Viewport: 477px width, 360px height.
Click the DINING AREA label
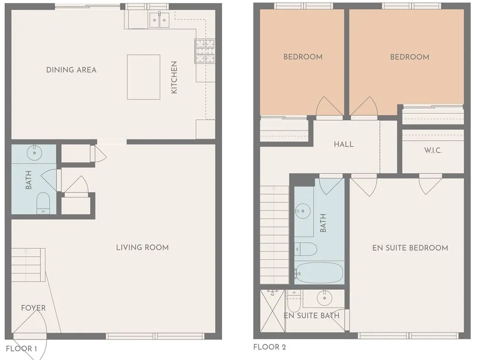click(71, 70)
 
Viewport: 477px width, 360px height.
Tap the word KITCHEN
click(174, 78)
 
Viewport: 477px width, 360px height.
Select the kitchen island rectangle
click(143, 77)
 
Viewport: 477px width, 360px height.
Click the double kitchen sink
click(159, 20)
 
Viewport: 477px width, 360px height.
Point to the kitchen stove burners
click(204, 51)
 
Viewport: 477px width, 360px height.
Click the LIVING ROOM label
click(142, 247)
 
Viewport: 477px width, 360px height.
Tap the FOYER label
click(33, 308)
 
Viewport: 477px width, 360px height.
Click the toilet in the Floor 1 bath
click(43, 202)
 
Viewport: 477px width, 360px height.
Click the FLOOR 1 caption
click(22, 348)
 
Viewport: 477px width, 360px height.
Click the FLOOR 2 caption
click(269, 347)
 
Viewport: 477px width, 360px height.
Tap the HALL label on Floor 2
click(344, 144)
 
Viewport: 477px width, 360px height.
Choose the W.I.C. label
click(433, 151)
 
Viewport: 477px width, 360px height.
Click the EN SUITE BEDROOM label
click(410, 248)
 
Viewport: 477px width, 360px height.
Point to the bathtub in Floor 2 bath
click(319, 272)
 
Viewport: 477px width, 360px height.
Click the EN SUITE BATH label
click(311, 316)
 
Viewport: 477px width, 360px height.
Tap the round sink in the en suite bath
click(323, 297)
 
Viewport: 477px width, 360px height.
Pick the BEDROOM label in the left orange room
click(303, 57)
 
